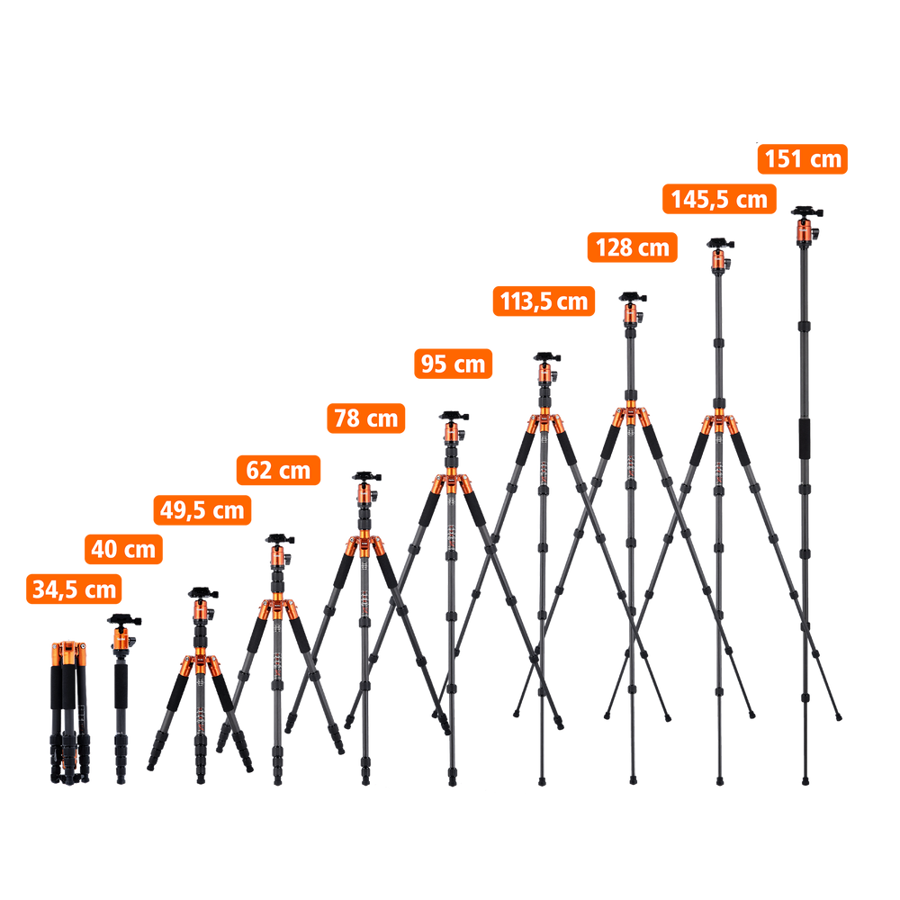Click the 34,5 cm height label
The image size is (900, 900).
(74, 589)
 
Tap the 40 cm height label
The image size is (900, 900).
(123, 549)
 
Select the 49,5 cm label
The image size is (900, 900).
(202, 509)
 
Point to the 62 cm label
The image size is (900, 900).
(278, 470)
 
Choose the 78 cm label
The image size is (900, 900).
(366, 418)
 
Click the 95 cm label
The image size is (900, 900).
(454, 364)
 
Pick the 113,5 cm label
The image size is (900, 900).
(544, 301)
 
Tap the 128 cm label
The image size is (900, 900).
(633, 247)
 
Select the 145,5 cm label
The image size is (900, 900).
(719, 199)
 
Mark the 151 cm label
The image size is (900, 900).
(803, 159)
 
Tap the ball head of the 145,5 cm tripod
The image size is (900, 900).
(720, 256)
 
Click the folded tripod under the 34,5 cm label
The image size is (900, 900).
(69, 713)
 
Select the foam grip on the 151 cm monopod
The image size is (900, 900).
(805, 438)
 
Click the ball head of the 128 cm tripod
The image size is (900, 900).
(632, 309)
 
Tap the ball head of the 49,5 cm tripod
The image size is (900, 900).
(202, 606)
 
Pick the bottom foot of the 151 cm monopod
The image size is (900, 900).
(805, 780)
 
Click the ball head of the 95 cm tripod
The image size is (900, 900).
(454, 427)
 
